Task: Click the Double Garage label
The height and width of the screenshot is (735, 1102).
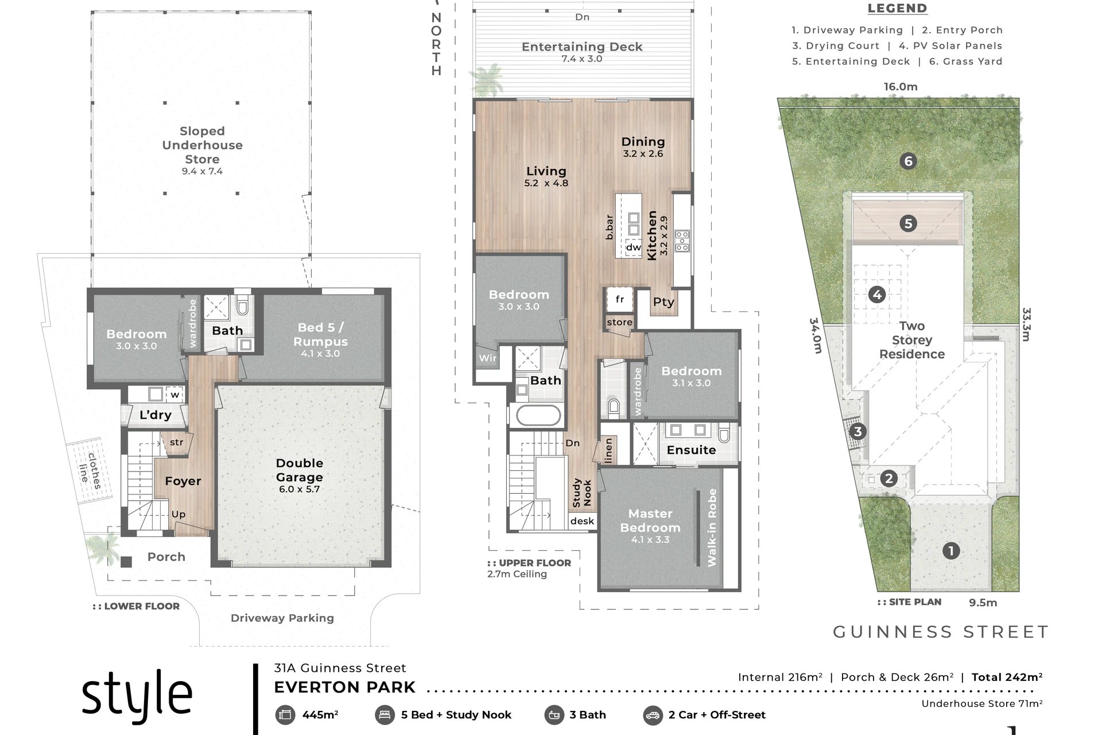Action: [x=299, y=470]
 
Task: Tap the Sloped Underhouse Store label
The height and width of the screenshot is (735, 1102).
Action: [x=202, y=145]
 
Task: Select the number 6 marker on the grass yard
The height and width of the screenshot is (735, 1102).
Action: [x=908, y=161]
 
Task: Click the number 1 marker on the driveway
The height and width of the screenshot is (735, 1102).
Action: [x=951, y=551]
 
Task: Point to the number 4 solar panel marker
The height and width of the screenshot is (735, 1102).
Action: [x=876, y=295]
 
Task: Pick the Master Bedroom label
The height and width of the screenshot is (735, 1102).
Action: [x=650, y=521]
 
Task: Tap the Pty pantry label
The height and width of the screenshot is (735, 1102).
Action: [x=663, y=302]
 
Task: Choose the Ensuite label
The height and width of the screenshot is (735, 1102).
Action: [x=691, y=450]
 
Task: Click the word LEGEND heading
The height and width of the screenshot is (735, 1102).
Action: [x=897, y=9]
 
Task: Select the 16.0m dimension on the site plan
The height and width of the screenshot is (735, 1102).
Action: [x=901, y=87]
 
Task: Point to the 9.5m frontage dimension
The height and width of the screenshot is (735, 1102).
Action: [x=983, y=603]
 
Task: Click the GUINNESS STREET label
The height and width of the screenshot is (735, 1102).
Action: [x=941, y=632]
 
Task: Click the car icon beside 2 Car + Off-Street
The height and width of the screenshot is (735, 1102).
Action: [x=653, y=715]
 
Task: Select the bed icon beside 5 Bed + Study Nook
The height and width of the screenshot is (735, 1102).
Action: [x=385, y=715]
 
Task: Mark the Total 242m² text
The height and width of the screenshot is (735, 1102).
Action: [x=1007, y=678]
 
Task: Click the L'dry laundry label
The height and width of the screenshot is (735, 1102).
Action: [x=156, y=415]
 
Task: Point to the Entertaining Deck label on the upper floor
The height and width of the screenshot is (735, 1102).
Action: [x=582, y=47]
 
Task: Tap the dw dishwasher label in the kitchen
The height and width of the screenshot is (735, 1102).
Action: [x=634, y=247]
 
